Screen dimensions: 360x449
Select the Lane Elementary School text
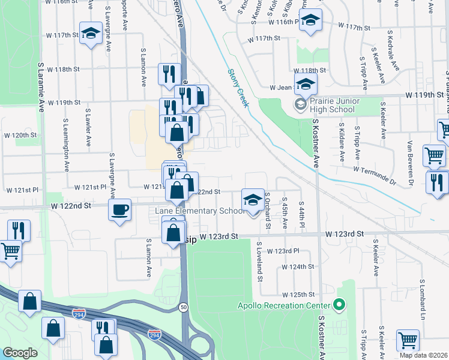(199, 211)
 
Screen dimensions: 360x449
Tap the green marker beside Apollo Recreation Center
(339, 305)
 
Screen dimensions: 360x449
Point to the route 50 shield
(182, 307)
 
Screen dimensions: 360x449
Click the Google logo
(20, 352)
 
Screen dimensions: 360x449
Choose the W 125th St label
(298, 295)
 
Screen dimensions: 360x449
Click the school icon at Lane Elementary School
(253, 199)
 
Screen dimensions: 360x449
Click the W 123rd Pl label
(283, 251)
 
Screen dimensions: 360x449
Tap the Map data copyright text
(424, 355)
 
